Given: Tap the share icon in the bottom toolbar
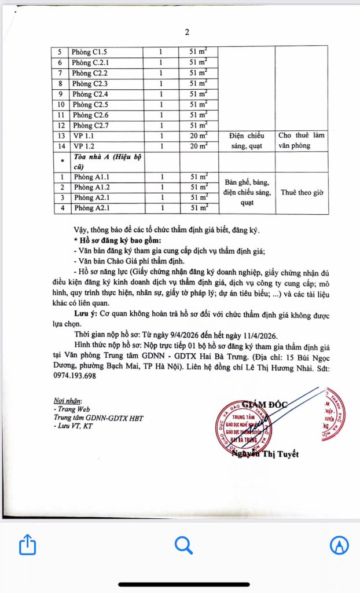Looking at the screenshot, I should click(28, 545).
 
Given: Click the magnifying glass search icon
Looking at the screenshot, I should click(183, 545).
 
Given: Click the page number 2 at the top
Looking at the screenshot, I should click(187, 32).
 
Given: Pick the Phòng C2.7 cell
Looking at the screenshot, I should click(91, 126).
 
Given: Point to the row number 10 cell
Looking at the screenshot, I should click(59, 105).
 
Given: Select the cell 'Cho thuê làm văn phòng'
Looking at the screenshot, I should click(302, 141).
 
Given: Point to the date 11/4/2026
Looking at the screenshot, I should click(256, 335).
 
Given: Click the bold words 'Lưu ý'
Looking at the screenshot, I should click(87, 313).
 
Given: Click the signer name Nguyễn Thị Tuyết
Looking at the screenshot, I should click(265, 454).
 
